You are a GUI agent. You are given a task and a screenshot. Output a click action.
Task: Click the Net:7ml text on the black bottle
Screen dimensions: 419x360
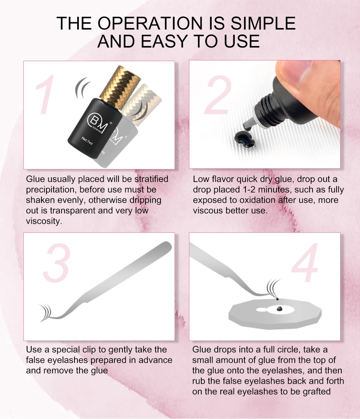[x=89, y=138]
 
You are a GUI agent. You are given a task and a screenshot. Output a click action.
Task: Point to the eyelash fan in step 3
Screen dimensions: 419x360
[x=46, y=311]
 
